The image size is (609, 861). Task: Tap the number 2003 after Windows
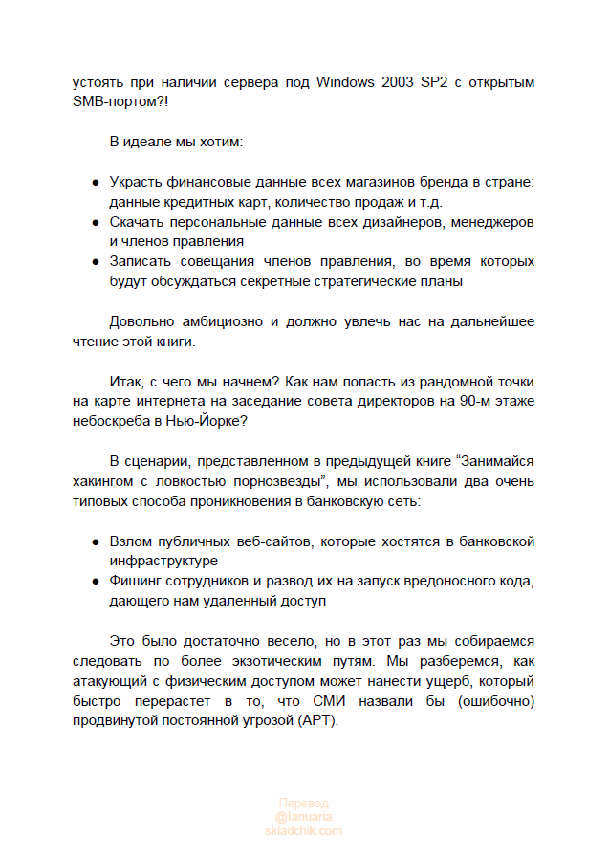401,82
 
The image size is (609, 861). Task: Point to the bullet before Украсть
96,183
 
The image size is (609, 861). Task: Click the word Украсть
138,182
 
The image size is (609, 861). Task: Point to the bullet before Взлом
96,541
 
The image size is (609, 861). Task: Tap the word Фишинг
137,581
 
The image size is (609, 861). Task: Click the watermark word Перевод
303,804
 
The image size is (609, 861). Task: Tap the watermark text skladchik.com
303,830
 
